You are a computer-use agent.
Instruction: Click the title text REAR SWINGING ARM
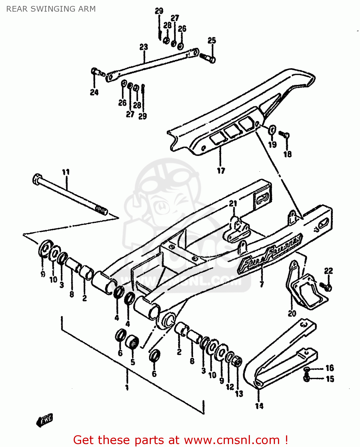(x=51, y=9)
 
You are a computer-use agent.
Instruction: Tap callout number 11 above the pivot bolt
(x=66, y=172)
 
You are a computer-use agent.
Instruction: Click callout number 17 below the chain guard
(x=221, y=171)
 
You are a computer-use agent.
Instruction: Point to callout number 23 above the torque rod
(x=143, y=47)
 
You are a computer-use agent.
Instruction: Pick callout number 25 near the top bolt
(x=211, y=41)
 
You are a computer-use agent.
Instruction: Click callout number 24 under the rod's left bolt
(x=94, y=92)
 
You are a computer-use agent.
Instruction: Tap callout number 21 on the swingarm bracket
(x=233, y=204)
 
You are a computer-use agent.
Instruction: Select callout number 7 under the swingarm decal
(x=262, y=284)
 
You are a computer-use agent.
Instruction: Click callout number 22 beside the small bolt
(x=328, y=271)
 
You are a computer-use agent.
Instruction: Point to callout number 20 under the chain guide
(x=292, y=313)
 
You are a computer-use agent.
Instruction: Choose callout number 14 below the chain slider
(x=259, y=406)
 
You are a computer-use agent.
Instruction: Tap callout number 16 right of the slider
(x=330, y=368)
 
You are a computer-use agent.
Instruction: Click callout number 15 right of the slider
(x=330, y=379)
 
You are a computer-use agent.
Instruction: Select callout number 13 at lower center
(x=239, y=394)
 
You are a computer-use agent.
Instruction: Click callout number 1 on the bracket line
(x=127, y=387)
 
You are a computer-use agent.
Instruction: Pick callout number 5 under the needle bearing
(x=133, y=362)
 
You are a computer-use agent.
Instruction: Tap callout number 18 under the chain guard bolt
(x=287, y=154)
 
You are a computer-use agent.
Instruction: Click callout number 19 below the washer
(x=272, y=145)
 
